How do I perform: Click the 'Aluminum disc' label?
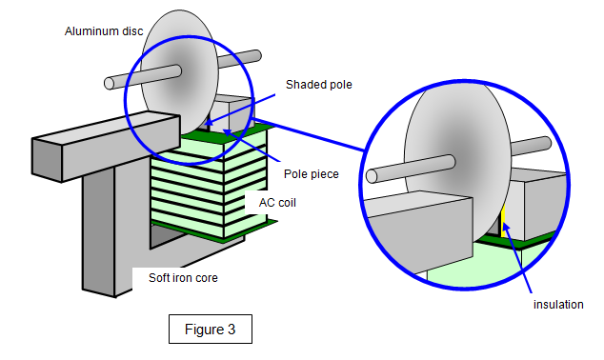click(104, 31)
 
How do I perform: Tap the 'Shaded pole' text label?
click(318, 85)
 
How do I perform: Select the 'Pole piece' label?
click(312, 174)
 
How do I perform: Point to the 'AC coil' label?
click(277, 203)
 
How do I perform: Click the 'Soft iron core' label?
click(183, 277)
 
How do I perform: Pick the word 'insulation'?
click(558, 305)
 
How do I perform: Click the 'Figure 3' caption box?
click(211, 330)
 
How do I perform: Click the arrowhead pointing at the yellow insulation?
click(506, 227)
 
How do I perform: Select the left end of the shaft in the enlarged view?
click(371, 176)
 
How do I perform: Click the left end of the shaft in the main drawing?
click(109, 84)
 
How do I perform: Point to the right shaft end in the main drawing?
click(257, 55)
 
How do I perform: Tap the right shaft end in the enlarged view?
click(546, 143)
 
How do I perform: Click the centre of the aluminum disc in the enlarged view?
click(457, 161)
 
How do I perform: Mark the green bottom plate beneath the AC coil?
click(215, 230)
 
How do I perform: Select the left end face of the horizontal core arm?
click(47, 160)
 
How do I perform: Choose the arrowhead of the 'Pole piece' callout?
click(228, 132)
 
